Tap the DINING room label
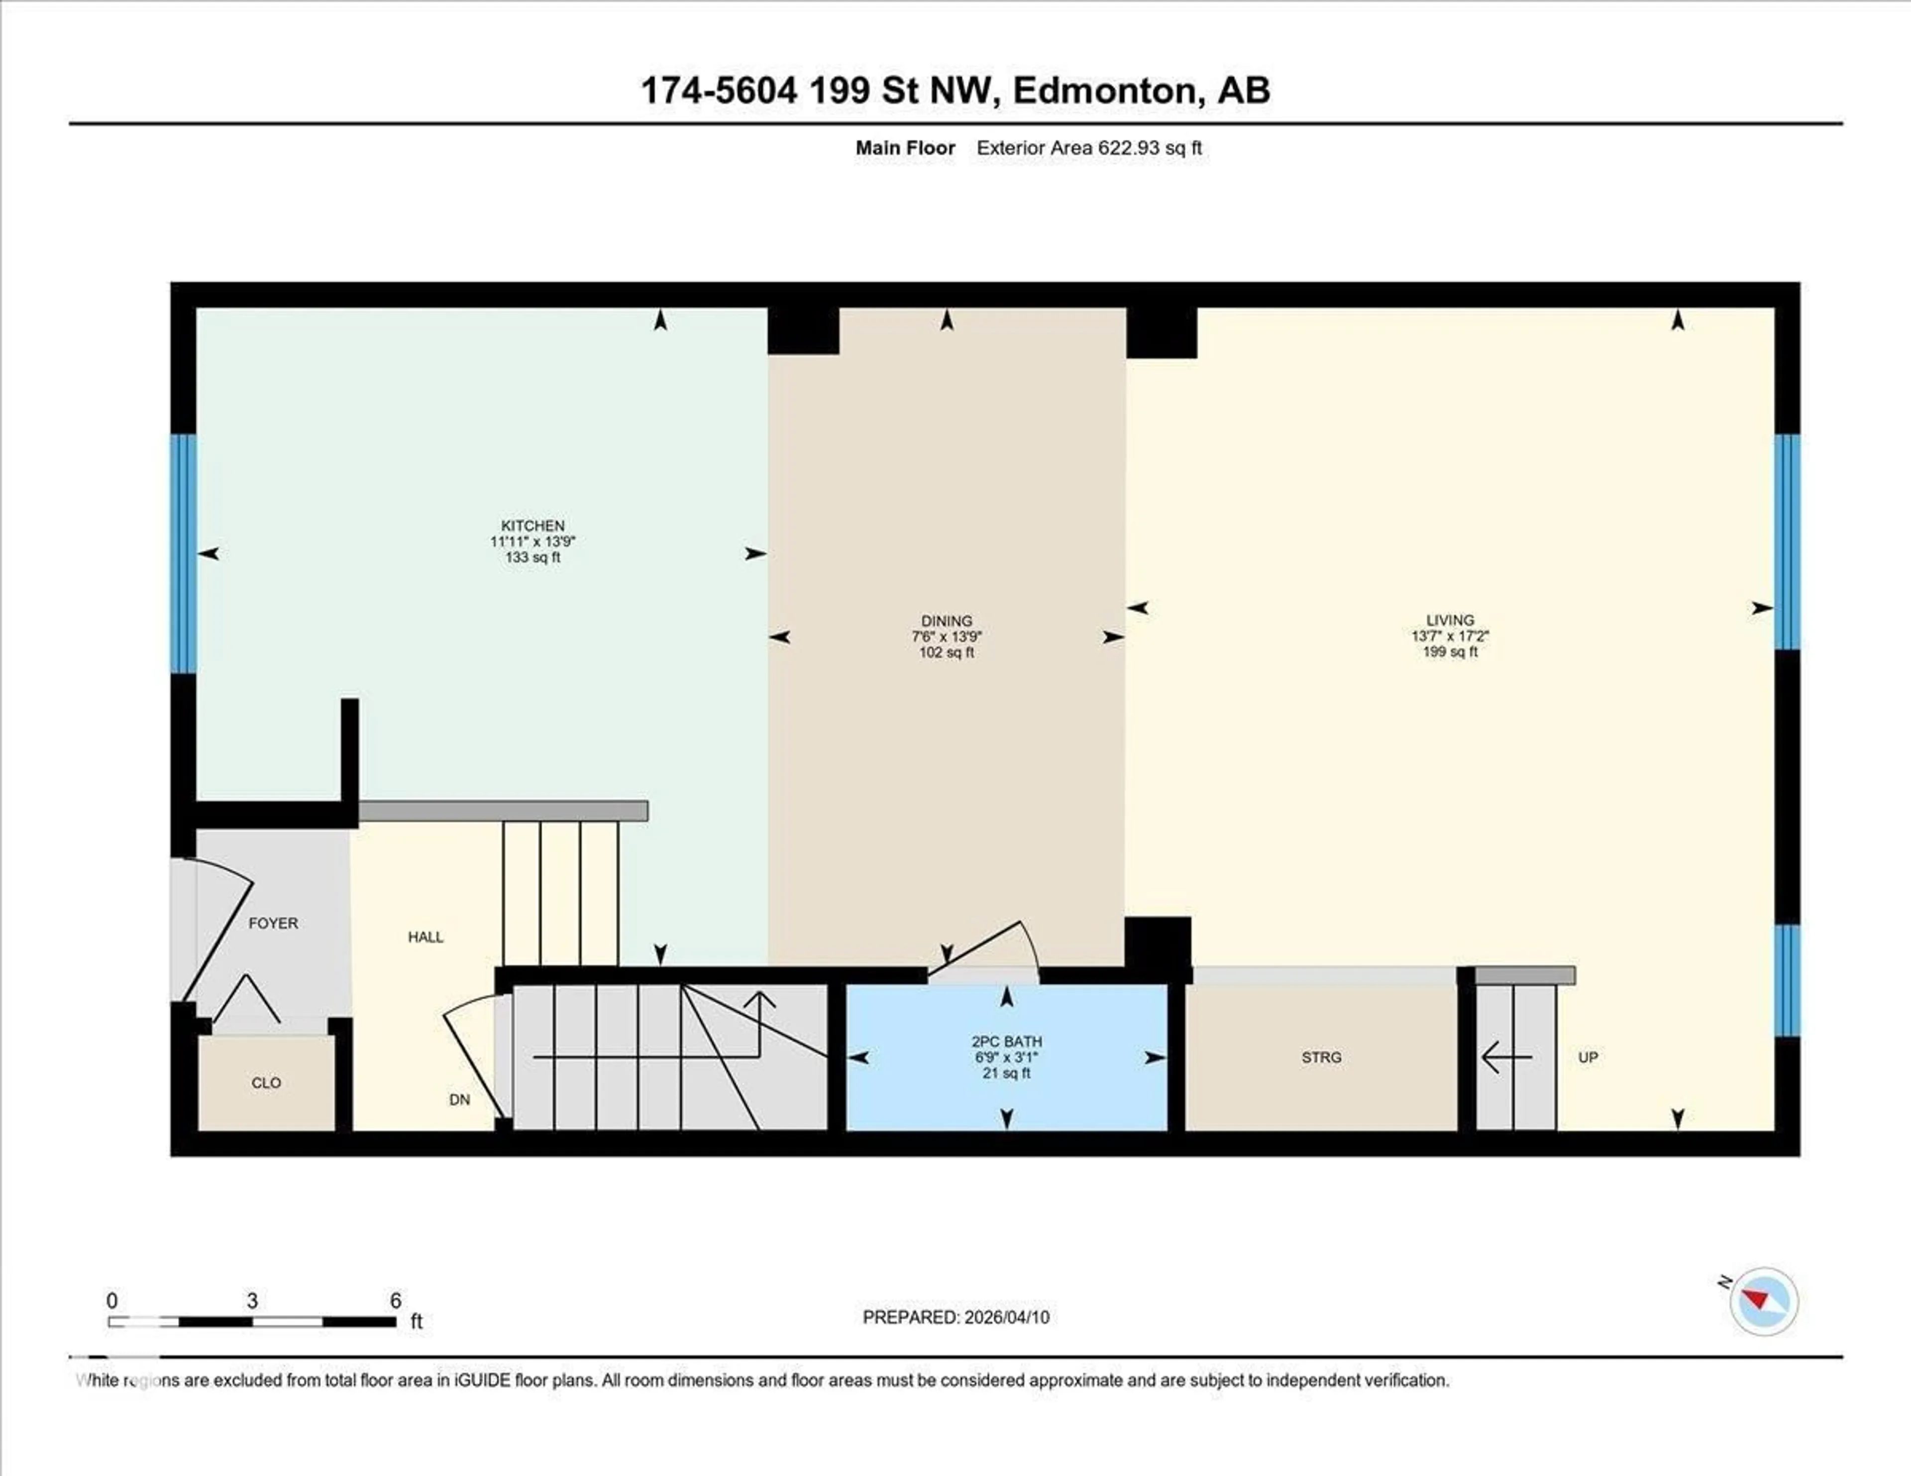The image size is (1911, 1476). pos(946,621)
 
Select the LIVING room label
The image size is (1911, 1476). pos(1450,620)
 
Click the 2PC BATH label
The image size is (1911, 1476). pos(1006,1041)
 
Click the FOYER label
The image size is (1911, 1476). pos(273,923)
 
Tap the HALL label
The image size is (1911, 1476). pos(425,937)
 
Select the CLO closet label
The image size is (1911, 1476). pos(266,1082)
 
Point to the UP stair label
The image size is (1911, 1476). pos(1588,1057)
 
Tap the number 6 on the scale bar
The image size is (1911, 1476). pos(396,1301)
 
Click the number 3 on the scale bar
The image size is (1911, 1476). pos(252,1301)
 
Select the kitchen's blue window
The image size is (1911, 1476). pos(183,553)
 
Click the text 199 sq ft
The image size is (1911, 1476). pos(1450,652)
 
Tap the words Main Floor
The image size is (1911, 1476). pos(905,148)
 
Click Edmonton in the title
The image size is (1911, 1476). pos(1104,90)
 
